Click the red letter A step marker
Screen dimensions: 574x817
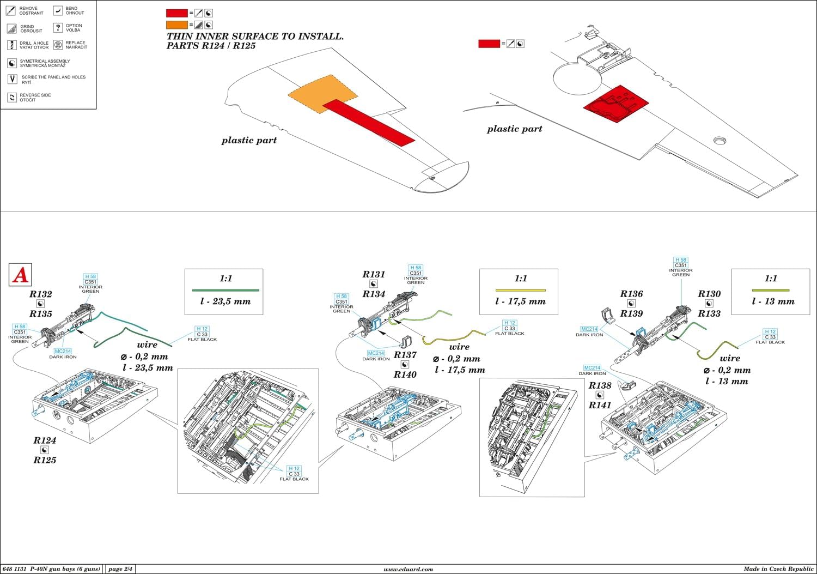[21, 275]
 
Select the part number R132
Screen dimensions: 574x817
[41, 294]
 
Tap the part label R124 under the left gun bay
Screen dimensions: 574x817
[45, 440]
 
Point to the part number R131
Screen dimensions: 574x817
[374, 274]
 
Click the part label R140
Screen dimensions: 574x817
[405, 374]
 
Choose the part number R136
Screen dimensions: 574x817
[631, 294]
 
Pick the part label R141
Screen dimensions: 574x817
[600, 405]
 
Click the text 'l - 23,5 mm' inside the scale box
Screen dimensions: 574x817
[225, 301]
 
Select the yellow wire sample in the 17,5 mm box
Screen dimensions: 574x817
[520, 291]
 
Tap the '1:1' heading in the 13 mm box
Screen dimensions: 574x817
[771, 279]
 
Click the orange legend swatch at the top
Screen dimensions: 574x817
[176, 25]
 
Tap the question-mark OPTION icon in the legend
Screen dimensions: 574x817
[58, 28]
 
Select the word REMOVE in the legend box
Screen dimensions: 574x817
[28, 9]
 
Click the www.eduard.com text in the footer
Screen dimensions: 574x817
[408, 569]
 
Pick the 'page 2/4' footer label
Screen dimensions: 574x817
[120, 569]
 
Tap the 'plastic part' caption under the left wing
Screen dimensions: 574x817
[249, 140]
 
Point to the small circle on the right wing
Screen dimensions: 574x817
[720, 141]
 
